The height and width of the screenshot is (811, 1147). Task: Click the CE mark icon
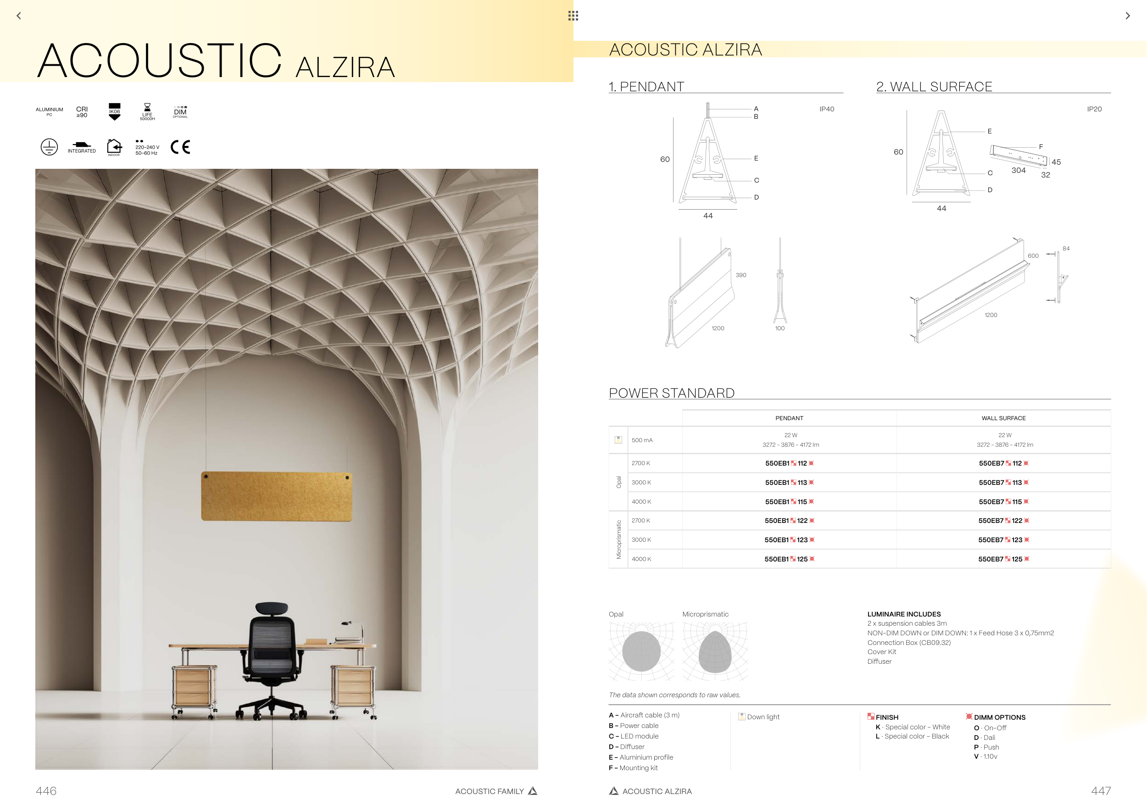click(x=180, y=147)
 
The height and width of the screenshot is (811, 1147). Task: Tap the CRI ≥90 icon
click(x=82, y=112)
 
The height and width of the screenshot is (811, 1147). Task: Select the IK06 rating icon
click(x=114, y=112)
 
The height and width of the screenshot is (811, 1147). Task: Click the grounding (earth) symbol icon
click(x=49, y=147)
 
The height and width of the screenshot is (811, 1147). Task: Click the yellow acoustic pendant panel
click(x=276, y=496)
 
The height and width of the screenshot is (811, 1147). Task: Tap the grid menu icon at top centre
click(x=573, y=16)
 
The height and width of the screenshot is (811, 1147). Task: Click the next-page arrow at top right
click(x=1128, y=16)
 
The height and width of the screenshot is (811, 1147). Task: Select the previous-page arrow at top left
click(x=19, y=16)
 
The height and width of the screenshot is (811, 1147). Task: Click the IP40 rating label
click(x=827, y=109)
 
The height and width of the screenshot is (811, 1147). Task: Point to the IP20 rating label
click(x=1094, y=109)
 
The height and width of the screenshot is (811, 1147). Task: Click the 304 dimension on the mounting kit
click(x=1018, y=170)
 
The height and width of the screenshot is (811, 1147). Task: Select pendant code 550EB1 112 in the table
click(x=789, y=463)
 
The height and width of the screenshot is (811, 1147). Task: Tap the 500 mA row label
click(x=642, y=440)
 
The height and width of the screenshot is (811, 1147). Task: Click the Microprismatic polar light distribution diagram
click(x=715, y=651)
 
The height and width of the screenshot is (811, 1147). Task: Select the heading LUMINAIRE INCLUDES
click(x=904, y=614)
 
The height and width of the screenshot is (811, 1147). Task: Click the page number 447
click(x=1101, y=791)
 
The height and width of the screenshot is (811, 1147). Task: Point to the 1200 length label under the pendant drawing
click(x=718, y=328)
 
